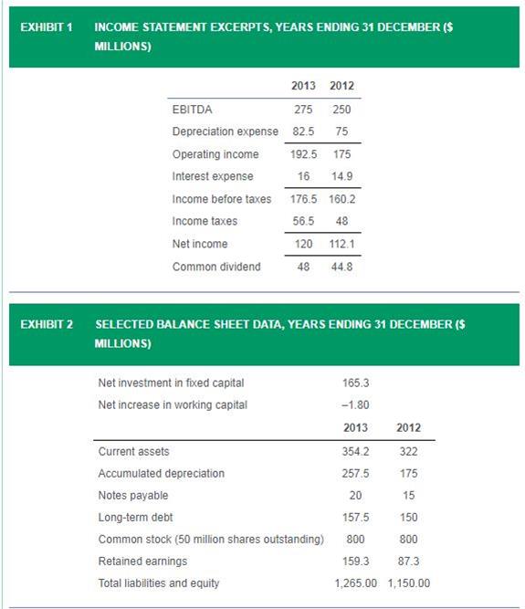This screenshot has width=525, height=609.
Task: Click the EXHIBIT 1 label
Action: click(47, 27)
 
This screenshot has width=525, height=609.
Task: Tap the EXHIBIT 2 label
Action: click(47, 324)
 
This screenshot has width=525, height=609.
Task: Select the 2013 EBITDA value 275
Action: click(303, 110)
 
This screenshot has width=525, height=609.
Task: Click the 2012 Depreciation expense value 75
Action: click(341, 131)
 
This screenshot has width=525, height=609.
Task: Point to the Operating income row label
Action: click(215, 154)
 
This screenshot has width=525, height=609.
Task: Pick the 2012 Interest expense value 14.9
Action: click(341, 176)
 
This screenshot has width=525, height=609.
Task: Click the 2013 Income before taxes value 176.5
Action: click(303, 199)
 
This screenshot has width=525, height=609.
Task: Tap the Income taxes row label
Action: click(205, 221)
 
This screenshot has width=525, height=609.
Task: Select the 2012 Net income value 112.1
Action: click(341, 244)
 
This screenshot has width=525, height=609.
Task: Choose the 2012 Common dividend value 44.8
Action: click(341, 267)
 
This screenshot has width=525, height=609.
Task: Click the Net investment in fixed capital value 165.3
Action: click(356, 383)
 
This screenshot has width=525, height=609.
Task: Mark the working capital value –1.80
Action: click(355, 404)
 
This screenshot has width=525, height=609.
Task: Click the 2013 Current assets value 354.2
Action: click(356, 451)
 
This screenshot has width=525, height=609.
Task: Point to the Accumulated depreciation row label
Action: click(161, 474)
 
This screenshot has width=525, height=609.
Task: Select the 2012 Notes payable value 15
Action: click(408, 495)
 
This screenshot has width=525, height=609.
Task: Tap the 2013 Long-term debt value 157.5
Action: click(356, 518)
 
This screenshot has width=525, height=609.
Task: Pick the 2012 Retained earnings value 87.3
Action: click(408, 562)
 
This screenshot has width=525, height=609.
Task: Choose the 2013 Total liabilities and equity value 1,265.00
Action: click(356, 583)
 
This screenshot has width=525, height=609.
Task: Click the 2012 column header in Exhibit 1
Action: click(341, 86)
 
